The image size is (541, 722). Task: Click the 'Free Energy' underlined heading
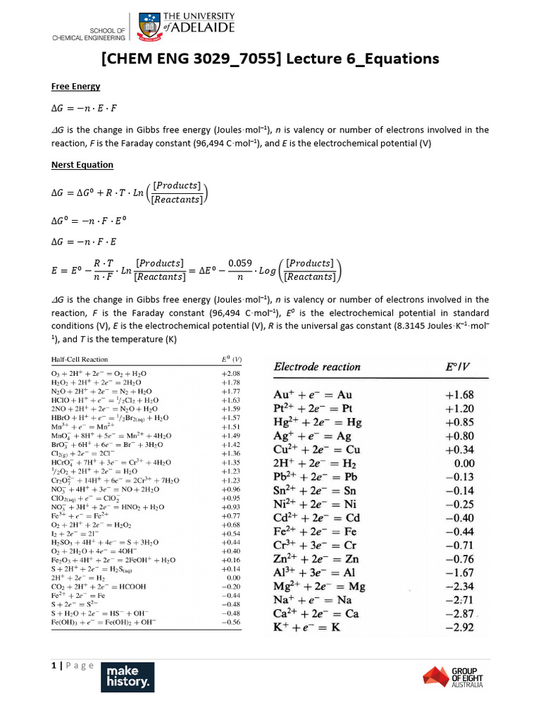[x=76, y=87]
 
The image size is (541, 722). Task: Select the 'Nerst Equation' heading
[x=82, y=165]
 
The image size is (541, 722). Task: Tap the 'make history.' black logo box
[x=128, y=677]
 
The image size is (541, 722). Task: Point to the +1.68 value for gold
[x=459, y=395]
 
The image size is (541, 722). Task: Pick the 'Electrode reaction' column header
[x=317, y=367]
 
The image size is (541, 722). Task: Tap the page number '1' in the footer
[x=53, y=666]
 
